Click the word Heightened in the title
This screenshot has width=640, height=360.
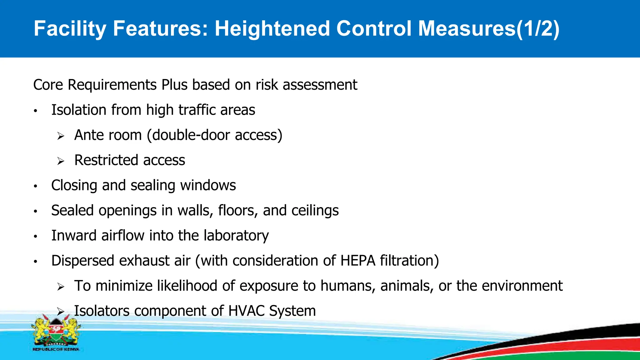272,29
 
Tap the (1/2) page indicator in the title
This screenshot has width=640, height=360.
537,29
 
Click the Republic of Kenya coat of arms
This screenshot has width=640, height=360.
56,333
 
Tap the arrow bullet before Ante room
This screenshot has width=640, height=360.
61,136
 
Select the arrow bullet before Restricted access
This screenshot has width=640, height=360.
61,161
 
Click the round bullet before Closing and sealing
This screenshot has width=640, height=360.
36,186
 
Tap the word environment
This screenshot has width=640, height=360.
522,286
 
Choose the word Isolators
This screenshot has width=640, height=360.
102,311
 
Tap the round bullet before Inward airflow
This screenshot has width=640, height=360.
36,237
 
